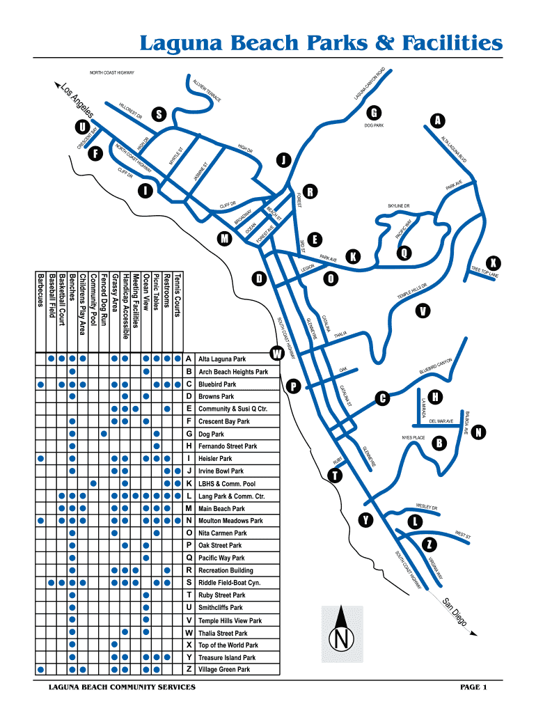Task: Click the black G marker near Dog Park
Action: [x=374, y=113]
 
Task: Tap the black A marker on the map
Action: [x=436, y=120]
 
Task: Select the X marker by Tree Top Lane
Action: [x=494, y=263]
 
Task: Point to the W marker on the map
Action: [x=277, y=354]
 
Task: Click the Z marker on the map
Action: [x=430, y=543]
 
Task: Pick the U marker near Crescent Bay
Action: [x=83, y=127]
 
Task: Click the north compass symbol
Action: [x=341, y=635]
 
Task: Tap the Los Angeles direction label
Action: [x=79, y=101]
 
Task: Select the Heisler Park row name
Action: [x=215, y=459]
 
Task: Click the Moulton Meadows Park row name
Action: [x=230, y=521]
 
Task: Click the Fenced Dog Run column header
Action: [x=104, y=300]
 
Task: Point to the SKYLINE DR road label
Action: [x=399, y=206]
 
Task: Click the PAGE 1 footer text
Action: [x=473, y=687]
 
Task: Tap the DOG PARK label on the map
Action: [x=374, y=126]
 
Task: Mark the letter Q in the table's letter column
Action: [x=189, y=558]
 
